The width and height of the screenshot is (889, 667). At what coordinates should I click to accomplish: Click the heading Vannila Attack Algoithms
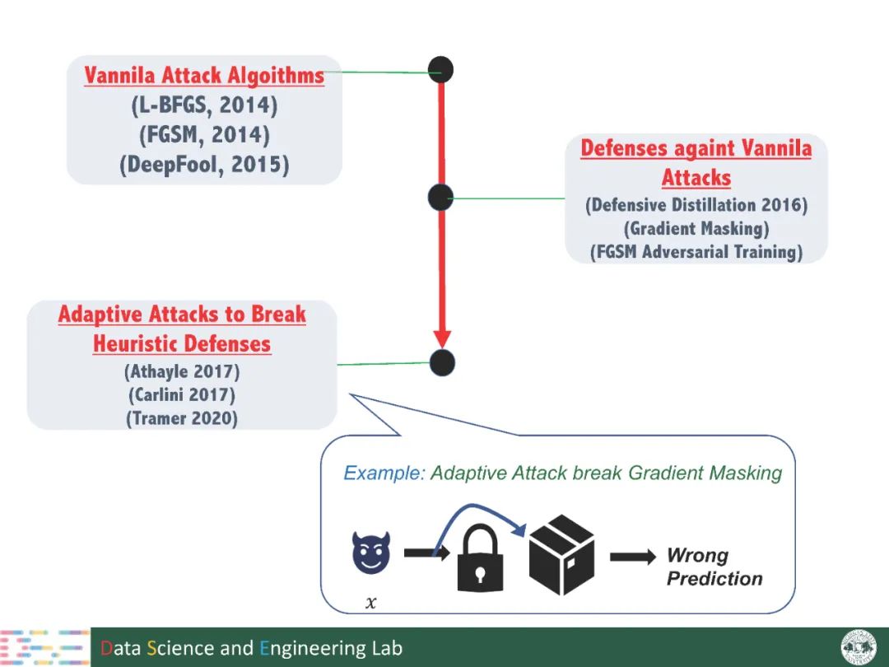point(204,77)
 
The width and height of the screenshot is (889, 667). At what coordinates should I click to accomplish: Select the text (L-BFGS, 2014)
point(204,105)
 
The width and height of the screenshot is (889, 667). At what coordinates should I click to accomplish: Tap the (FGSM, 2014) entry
point(204,134)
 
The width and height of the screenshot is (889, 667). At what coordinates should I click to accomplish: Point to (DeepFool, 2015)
point(204,164)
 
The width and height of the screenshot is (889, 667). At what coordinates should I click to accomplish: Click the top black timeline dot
point(440,70)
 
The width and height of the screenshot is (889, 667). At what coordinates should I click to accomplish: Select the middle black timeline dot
point(440,197)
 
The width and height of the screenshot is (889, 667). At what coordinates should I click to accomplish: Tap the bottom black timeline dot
point(442,362)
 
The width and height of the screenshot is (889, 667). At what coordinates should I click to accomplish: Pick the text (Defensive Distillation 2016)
point(696,205)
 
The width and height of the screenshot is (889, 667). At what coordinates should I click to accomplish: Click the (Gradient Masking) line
point(696,228)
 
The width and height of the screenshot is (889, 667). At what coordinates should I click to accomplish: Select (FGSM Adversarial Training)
point(696,252)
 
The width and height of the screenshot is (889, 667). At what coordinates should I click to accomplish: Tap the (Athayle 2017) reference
point(182,371)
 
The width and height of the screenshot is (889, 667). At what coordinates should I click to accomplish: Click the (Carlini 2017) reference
point(182,394)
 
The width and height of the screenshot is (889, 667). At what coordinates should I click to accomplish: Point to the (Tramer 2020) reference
point(182,418)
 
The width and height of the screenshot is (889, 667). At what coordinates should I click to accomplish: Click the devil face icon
point(371,553)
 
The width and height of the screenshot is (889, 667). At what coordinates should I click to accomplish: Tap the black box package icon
point(561,555)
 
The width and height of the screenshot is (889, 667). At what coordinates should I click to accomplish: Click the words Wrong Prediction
point(714,567)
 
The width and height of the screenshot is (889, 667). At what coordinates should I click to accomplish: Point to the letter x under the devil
point(370,603)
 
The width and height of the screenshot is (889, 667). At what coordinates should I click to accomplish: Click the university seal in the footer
point(859,647)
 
